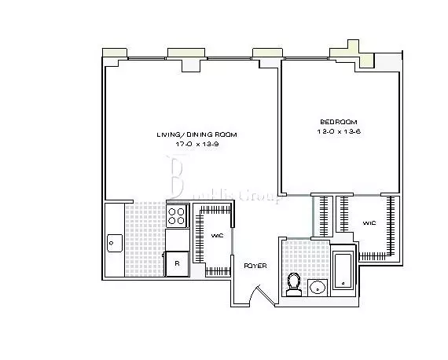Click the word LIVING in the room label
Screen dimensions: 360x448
[169, 134]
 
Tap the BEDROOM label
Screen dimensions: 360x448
[339, 121]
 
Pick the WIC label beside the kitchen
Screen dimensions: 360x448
[218, 235]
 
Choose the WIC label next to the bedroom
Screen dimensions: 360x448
[369, 223]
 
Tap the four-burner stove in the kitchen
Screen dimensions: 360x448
[177, 215]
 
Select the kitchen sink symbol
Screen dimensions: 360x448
[113, 243]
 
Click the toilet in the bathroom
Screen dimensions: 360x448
[295, 284]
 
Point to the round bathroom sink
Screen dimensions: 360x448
[318, 286]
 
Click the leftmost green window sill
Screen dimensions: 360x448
[115, 53]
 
